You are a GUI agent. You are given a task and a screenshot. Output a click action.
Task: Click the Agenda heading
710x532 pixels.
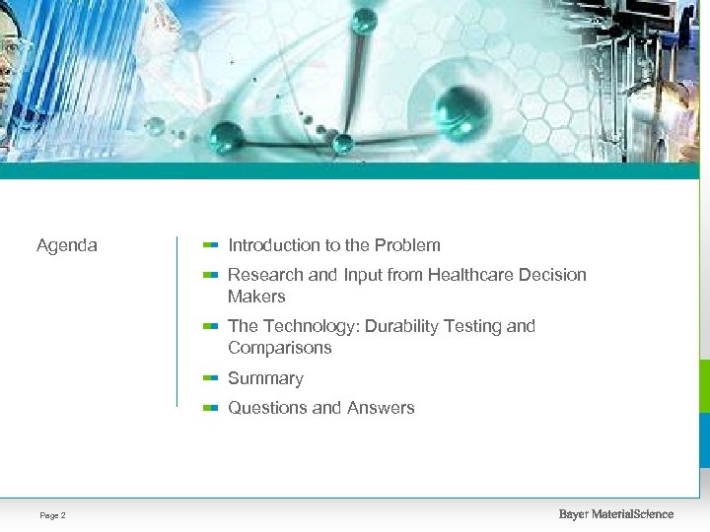tap(67, 245)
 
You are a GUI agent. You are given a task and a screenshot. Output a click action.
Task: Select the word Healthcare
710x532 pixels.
tap(474, 275)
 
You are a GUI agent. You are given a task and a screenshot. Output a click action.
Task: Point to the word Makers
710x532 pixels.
tap(256, 297)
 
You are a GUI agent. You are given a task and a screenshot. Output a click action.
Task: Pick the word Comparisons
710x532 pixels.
tap(280, 348)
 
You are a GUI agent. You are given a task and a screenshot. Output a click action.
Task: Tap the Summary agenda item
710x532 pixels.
tap(265, 378)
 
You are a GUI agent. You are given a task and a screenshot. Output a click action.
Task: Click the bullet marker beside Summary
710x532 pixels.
tap(209, 377)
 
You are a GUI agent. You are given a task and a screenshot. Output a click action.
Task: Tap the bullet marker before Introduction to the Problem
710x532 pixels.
tap(209, 244)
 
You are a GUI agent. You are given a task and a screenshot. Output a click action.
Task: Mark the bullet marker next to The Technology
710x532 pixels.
tap(209, 325)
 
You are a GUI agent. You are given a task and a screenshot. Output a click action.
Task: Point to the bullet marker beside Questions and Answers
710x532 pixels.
tap(209, 407)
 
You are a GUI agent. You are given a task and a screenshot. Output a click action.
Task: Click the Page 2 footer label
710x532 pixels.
tap(53, 515)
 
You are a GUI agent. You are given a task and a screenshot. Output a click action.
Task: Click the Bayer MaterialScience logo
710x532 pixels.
tap(615, 514)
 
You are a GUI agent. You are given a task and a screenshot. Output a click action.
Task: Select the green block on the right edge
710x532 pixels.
tap(703, 385)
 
